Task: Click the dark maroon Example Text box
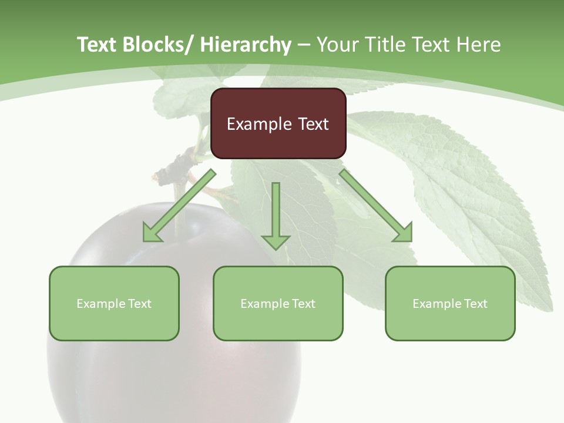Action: click(278, 123)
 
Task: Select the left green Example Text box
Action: click(114, 303)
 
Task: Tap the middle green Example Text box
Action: click(278, 303)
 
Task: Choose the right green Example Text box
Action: click(450, 303)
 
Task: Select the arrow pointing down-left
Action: click(180, 206)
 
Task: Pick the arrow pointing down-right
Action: click(375, 206)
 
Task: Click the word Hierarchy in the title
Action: click(246, 45)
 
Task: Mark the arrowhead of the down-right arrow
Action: click(404, 233)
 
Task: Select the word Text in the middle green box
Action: click(304, 303)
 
